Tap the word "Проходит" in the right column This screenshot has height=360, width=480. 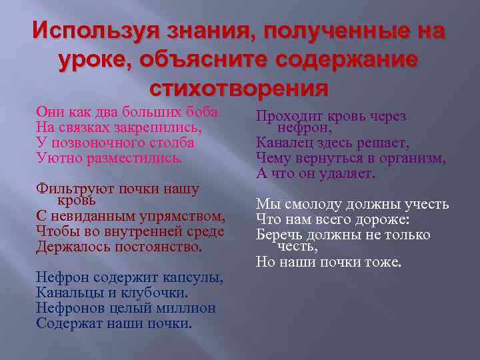(288, 117)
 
